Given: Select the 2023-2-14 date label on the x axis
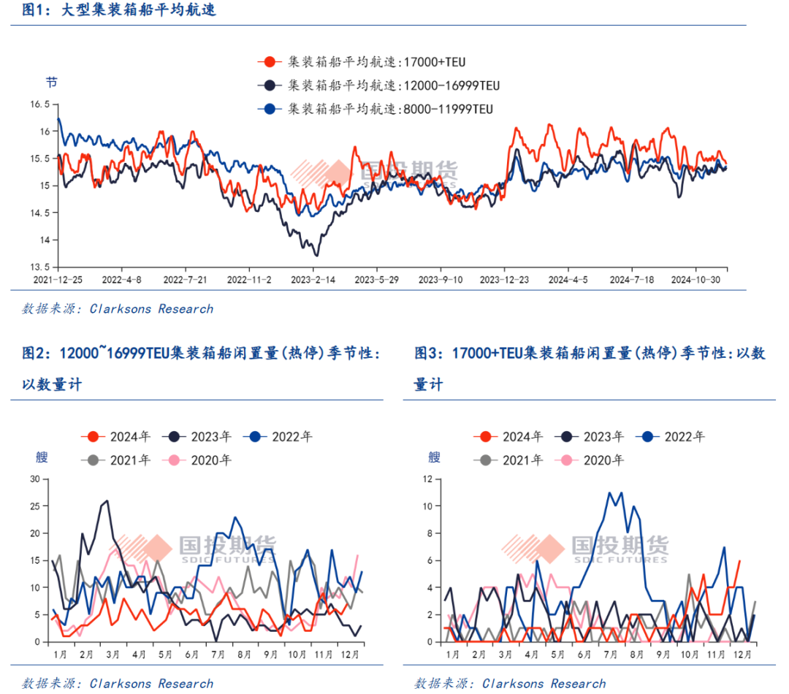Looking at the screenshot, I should pyautogui.click(x=313, y=280).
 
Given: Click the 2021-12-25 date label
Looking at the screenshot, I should pyautogui.click(x=58, y=280).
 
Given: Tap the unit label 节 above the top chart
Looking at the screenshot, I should pyautogui.click(x=51, y=82).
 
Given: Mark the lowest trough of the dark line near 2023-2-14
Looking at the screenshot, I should pyautogui.click(x=316, y=255).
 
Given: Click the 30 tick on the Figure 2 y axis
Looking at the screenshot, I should pyautogui.click(x=34, y=479).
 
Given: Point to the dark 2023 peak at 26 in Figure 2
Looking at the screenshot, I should pyautogui.click(x=107, y=501).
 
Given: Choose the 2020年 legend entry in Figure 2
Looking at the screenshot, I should pyautogui.click(x=199, y=460).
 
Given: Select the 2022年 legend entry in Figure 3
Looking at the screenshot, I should pyautogui.click(x=673, y=437).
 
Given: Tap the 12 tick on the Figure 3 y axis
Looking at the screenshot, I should pyautogui.click(x=428, y=479).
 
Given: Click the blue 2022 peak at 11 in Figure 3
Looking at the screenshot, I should pyautogui.click(x=609, y=493).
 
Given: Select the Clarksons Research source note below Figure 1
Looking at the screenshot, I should pyautogui.click(x=118, y=309).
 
